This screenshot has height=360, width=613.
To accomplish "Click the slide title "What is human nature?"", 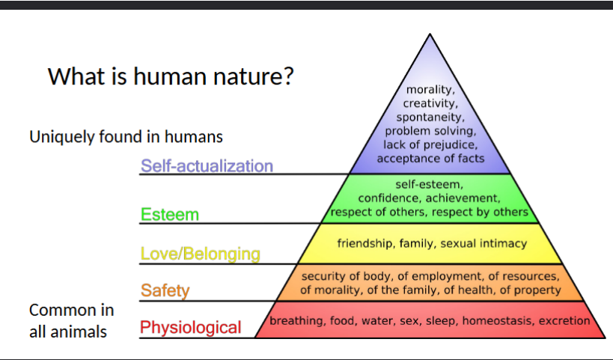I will [171, 76].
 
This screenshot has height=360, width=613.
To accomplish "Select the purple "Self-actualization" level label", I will [207, 165].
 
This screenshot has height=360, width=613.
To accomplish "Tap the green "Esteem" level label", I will [170, 215].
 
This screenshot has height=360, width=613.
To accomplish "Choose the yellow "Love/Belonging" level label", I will [200, 254].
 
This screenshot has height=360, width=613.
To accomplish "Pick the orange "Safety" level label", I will [165, 290].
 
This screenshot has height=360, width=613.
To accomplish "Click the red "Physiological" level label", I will [191, 327].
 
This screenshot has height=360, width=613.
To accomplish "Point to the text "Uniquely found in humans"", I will [126, 137].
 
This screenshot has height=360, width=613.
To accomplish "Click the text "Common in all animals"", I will [71, 320].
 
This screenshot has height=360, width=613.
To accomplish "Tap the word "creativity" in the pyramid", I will [430, 103].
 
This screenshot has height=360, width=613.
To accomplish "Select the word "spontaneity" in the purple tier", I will [430, 118].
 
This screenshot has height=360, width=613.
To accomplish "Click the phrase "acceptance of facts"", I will [430, 159].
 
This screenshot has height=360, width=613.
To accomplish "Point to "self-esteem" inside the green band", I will [429, 184].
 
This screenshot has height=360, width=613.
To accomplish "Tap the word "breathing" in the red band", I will [296, 321].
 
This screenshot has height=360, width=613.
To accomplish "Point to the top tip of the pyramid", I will [430, 35].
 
